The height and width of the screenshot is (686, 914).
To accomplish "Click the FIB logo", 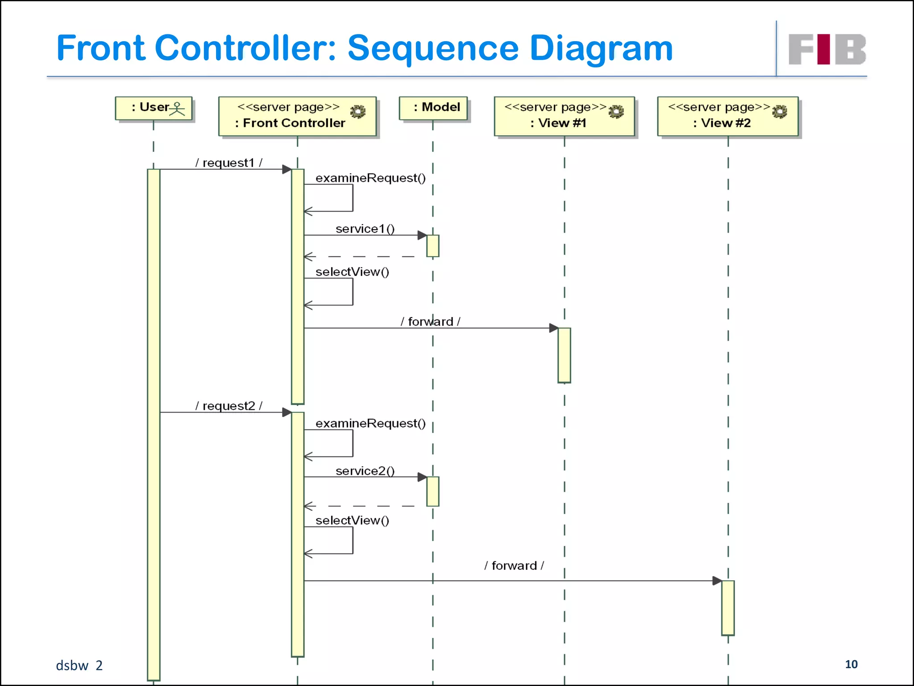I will [827, 49].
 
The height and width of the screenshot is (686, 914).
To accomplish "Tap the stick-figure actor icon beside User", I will [177, 109].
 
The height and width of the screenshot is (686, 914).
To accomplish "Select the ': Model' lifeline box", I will [433, 108].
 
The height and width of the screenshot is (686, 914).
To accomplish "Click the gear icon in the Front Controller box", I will [357, 111].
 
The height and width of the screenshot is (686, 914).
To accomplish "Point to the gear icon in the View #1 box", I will [616, 111].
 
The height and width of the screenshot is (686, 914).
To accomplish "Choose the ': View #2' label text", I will [722, 123].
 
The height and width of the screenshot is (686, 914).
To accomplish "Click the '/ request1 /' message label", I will [228, 163].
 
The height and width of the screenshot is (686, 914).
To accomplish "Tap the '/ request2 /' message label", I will [228, 406].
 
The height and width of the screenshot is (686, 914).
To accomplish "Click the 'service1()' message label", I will [365, 229].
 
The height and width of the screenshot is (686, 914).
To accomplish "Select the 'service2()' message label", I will [365, 471].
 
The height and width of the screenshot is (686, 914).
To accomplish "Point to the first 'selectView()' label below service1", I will [352, 272].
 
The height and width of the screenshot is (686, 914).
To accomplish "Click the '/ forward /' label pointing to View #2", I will [514, 565].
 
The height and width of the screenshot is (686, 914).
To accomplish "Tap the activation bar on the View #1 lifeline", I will [564, 355].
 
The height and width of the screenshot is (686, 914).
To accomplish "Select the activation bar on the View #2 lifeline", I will [728, 607].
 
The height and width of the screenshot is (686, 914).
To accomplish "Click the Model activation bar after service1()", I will [432, 246].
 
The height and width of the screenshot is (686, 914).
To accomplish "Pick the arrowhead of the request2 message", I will [287, 412].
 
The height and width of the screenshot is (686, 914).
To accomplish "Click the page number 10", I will [851, 664].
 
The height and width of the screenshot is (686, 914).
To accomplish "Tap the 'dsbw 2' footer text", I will [79, 665].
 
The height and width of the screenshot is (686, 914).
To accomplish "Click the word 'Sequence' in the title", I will [433, 48].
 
